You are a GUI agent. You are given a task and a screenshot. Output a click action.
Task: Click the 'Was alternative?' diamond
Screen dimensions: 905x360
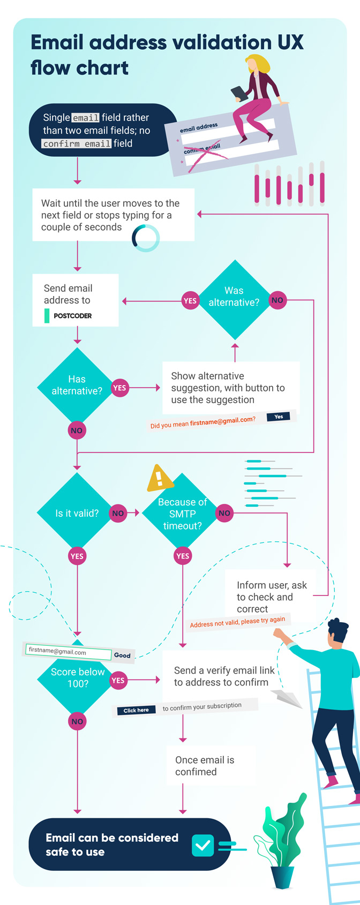click(234, 300)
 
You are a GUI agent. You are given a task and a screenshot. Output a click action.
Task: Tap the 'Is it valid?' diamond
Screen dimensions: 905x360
click(77, 513)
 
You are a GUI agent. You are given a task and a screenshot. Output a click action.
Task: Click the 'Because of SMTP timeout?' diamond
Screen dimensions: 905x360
click(183, 513)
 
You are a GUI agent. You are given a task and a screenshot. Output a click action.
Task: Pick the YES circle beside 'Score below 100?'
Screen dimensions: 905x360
click(118, 680)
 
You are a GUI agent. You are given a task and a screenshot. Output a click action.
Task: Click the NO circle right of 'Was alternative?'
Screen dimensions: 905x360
click(277, 300)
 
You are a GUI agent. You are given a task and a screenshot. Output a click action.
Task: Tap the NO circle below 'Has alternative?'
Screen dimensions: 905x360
click(77, 431)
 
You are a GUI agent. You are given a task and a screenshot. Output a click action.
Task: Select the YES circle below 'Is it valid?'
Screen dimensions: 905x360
click(77, 556)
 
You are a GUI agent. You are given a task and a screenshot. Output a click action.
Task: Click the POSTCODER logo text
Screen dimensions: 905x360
click(72, 316)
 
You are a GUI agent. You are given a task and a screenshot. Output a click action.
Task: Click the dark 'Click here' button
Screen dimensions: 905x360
click(136, 710)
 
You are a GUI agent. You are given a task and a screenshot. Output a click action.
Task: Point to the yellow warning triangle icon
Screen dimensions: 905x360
click(159, 478)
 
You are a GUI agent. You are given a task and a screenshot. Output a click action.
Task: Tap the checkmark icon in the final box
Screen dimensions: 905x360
click(203, 846)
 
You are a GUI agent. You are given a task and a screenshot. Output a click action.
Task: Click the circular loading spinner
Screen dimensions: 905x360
click(146, 238)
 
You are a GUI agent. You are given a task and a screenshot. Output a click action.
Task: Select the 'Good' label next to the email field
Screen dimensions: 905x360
click(122, 655)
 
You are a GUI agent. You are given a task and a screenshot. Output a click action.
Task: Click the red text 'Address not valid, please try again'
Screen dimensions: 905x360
click(237, 622)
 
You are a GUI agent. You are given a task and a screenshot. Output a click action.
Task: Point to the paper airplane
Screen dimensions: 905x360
click(287, 698)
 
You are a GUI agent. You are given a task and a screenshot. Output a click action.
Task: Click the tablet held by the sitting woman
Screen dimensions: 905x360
click(239, 94)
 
